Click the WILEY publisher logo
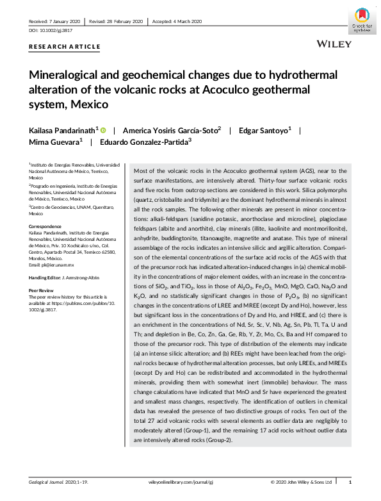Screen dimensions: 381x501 [334, 44]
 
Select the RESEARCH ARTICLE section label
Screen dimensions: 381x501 [65, 47]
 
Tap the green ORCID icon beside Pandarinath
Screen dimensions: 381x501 [103, 130]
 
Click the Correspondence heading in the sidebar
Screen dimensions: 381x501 [47, 226]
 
